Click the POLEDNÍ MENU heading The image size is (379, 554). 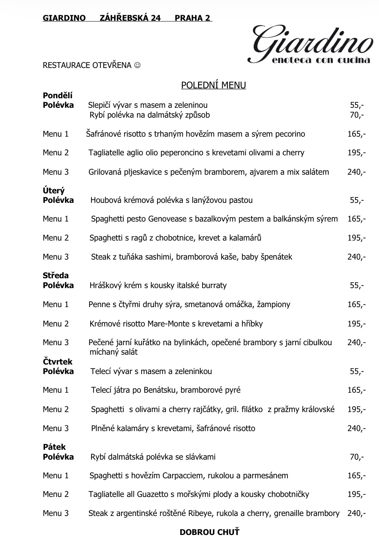click(x=213, y=85)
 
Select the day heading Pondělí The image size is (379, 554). click(x=57, y=95)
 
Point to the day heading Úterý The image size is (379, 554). click(x=54, y=191)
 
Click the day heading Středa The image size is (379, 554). click(x=56, y=275)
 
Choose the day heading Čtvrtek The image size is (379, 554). click(x=57, y=361)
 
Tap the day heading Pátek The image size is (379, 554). click(x=54, y=447)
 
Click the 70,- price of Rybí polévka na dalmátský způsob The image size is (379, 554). click(x=356, y=115)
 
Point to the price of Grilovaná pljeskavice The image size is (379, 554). click(x=356, y=172)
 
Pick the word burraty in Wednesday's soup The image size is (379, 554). click(x=214, y=285)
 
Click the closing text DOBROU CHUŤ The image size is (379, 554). click(x=209, y=532)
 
